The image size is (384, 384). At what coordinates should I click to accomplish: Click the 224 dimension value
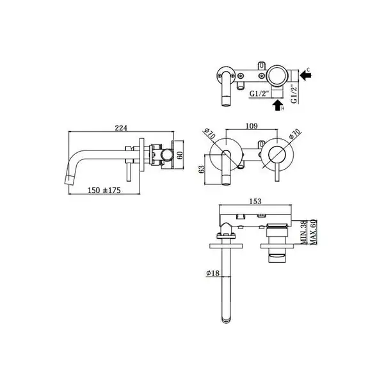point(121,127)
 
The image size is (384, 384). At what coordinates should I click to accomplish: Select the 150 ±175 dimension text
point(104,190)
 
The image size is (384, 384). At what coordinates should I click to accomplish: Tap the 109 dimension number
point(252,125)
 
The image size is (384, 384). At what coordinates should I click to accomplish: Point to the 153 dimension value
point(255,201)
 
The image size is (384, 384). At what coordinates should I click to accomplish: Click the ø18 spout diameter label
point(213,273)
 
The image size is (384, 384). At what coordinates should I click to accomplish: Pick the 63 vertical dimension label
point(202,169)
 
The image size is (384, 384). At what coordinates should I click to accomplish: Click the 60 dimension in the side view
point(180,155)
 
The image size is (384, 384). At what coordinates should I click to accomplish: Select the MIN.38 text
point(303,232)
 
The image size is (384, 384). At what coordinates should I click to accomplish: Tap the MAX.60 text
point(313,232)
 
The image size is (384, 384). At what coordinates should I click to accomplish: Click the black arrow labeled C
point(305,75)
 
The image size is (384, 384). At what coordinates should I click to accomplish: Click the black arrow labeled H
point(277,105)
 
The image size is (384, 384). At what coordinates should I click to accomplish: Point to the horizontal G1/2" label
point(259,93)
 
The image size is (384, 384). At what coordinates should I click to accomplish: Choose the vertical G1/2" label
point(294,93)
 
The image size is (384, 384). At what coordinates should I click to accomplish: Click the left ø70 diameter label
point(210,133)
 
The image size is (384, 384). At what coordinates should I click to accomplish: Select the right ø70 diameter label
point(294,134)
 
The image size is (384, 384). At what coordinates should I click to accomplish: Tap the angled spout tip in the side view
point(70,180)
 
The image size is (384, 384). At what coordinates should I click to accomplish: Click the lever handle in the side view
point(129,172)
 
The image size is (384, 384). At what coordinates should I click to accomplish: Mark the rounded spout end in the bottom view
point(226,319)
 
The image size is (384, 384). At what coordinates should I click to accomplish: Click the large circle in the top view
point(276,75)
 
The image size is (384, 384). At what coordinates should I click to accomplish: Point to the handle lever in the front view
point(277,173)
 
